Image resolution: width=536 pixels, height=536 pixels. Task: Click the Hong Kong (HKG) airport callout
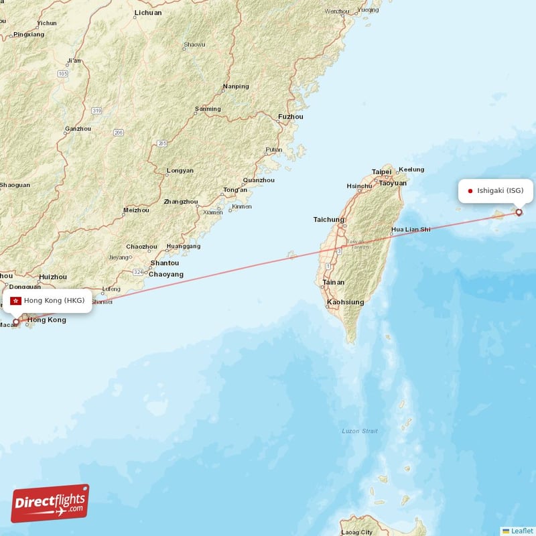[x=48, y=300]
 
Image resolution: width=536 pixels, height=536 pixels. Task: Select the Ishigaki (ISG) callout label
[x=496, y=190]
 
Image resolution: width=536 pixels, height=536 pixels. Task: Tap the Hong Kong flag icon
[x=15, y=300]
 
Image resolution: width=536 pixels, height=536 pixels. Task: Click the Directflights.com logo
[x=50, y=503]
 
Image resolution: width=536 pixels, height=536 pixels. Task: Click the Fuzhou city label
[x=291, y=117]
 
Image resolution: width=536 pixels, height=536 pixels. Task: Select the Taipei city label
[x=382, y=172]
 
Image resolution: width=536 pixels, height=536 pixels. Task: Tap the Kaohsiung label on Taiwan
[x=345, y=302]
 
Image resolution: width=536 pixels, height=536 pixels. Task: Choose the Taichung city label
[x=329, y=219]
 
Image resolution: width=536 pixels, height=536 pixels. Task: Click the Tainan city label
[x=334, y=283]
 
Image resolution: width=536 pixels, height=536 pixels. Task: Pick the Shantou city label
[x=164, y=263]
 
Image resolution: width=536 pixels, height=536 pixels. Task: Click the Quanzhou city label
[x=259, y=180]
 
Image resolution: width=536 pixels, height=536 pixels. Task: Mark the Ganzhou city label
[x=78, y=129]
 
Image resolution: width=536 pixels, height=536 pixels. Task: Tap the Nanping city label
[x=236, y=86]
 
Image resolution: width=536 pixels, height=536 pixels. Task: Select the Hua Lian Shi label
[x=411, y=229]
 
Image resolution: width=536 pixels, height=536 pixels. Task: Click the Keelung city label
[x=411, y=170]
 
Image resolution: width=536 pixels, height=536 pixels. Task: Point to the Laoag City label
[x=356, y=532]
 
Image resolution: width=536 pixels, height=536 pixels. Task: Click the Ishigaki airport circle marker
[x=519, y=212]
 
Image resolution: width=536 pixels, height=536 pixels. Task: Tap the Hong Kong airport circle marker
[x=16, y=322]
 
